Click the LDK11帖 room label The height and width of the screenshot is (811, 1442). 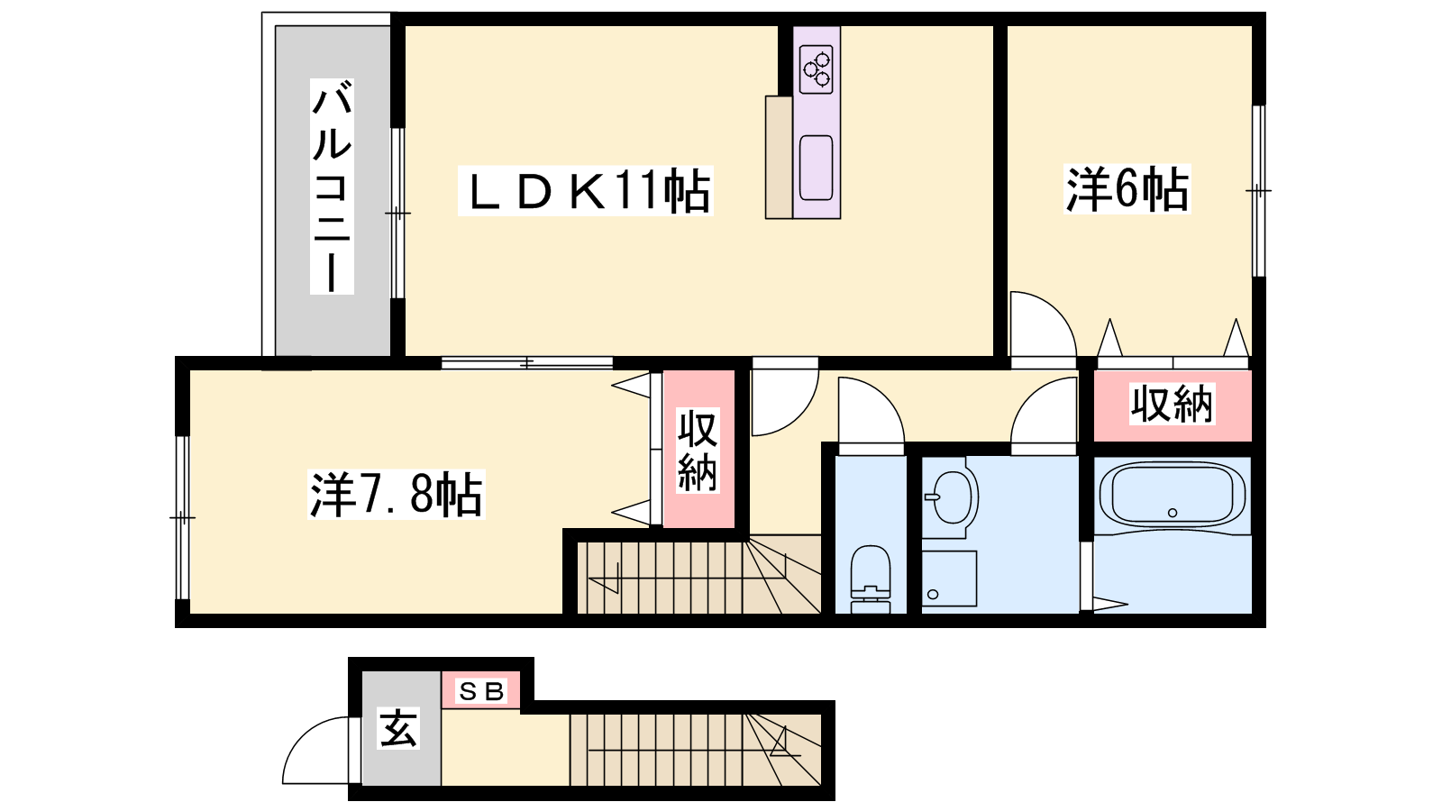click(585, 190)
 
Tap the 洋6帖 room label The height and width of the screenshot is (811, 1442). click(1127, 189)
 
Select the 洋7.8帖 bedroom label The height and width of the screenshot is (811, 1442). click(396, 495)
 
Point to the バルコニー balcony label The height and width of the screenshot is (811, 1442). click(332, 186)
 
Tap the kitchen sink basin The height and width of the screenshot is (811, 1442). click(816, 168)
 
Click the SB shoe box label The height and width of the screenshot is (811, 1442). click(481, 691)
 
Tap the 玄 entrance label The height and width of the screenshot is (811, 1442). click(398, 728)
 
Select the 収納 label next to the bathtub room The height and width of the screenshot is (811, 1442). click(1173, 405)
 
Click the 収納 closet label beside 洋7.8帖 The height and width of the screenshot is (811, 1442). click(698, 451)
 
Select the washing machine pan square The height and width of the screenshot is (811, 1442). click(949, 578)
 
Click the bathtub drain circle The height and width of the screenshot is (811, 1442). click(1173, 513)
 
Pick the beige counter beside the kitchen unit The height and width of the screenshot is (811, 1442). click(779, 157)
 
